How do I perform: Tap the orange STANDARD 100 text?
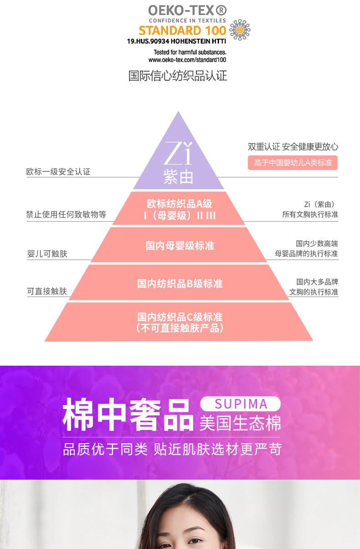pyautogui.click(x=182, y=31)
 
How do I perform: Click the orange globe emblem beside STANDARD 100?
pyautogui.click(x=240, y=30)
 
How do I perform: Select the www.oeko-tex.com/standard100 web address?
pyautogui.click(x=187, y=60)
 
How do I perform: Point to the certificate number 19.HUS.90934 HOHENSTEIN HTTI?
pyautogui.click(x=176, y=41)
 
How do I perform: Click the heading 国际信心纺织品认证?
pyautogui.click(x=178, y=76)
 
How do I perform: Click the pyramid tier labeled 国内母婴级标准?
pyautogui.click(x=180, y=246)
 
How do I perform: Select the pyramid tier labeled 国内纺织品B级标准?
pyautogui.click(x=180, y=284)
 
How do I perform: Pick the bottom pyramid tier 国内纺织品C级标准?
pyautogui.click(x=180, y=322)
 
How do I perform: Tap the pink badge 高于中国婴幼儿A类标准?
pyautogui.click(x=293, y=163)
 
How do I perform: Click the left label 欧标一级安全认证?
pyautogui.click(x=58, y=172)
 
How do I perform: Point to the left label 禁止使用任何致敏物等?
pyautogui.click(x=66, y=214)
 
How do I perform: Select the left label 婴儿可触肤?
pyautogui.click(x=47, y=254)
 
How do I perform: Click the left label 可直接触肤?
pyautogui.click(x=47, y=291)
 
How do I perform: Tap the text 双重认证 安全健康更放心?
pyautogui.click(x=293, y=147)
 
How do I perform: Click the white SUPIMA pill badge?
pyautogui.click(x=241, y=404)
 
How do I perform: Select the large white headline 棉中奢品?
pyautogui.click(x=128, y=414)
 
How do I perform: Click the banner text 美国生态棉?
pyautogui.click(x=240, y=424)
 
